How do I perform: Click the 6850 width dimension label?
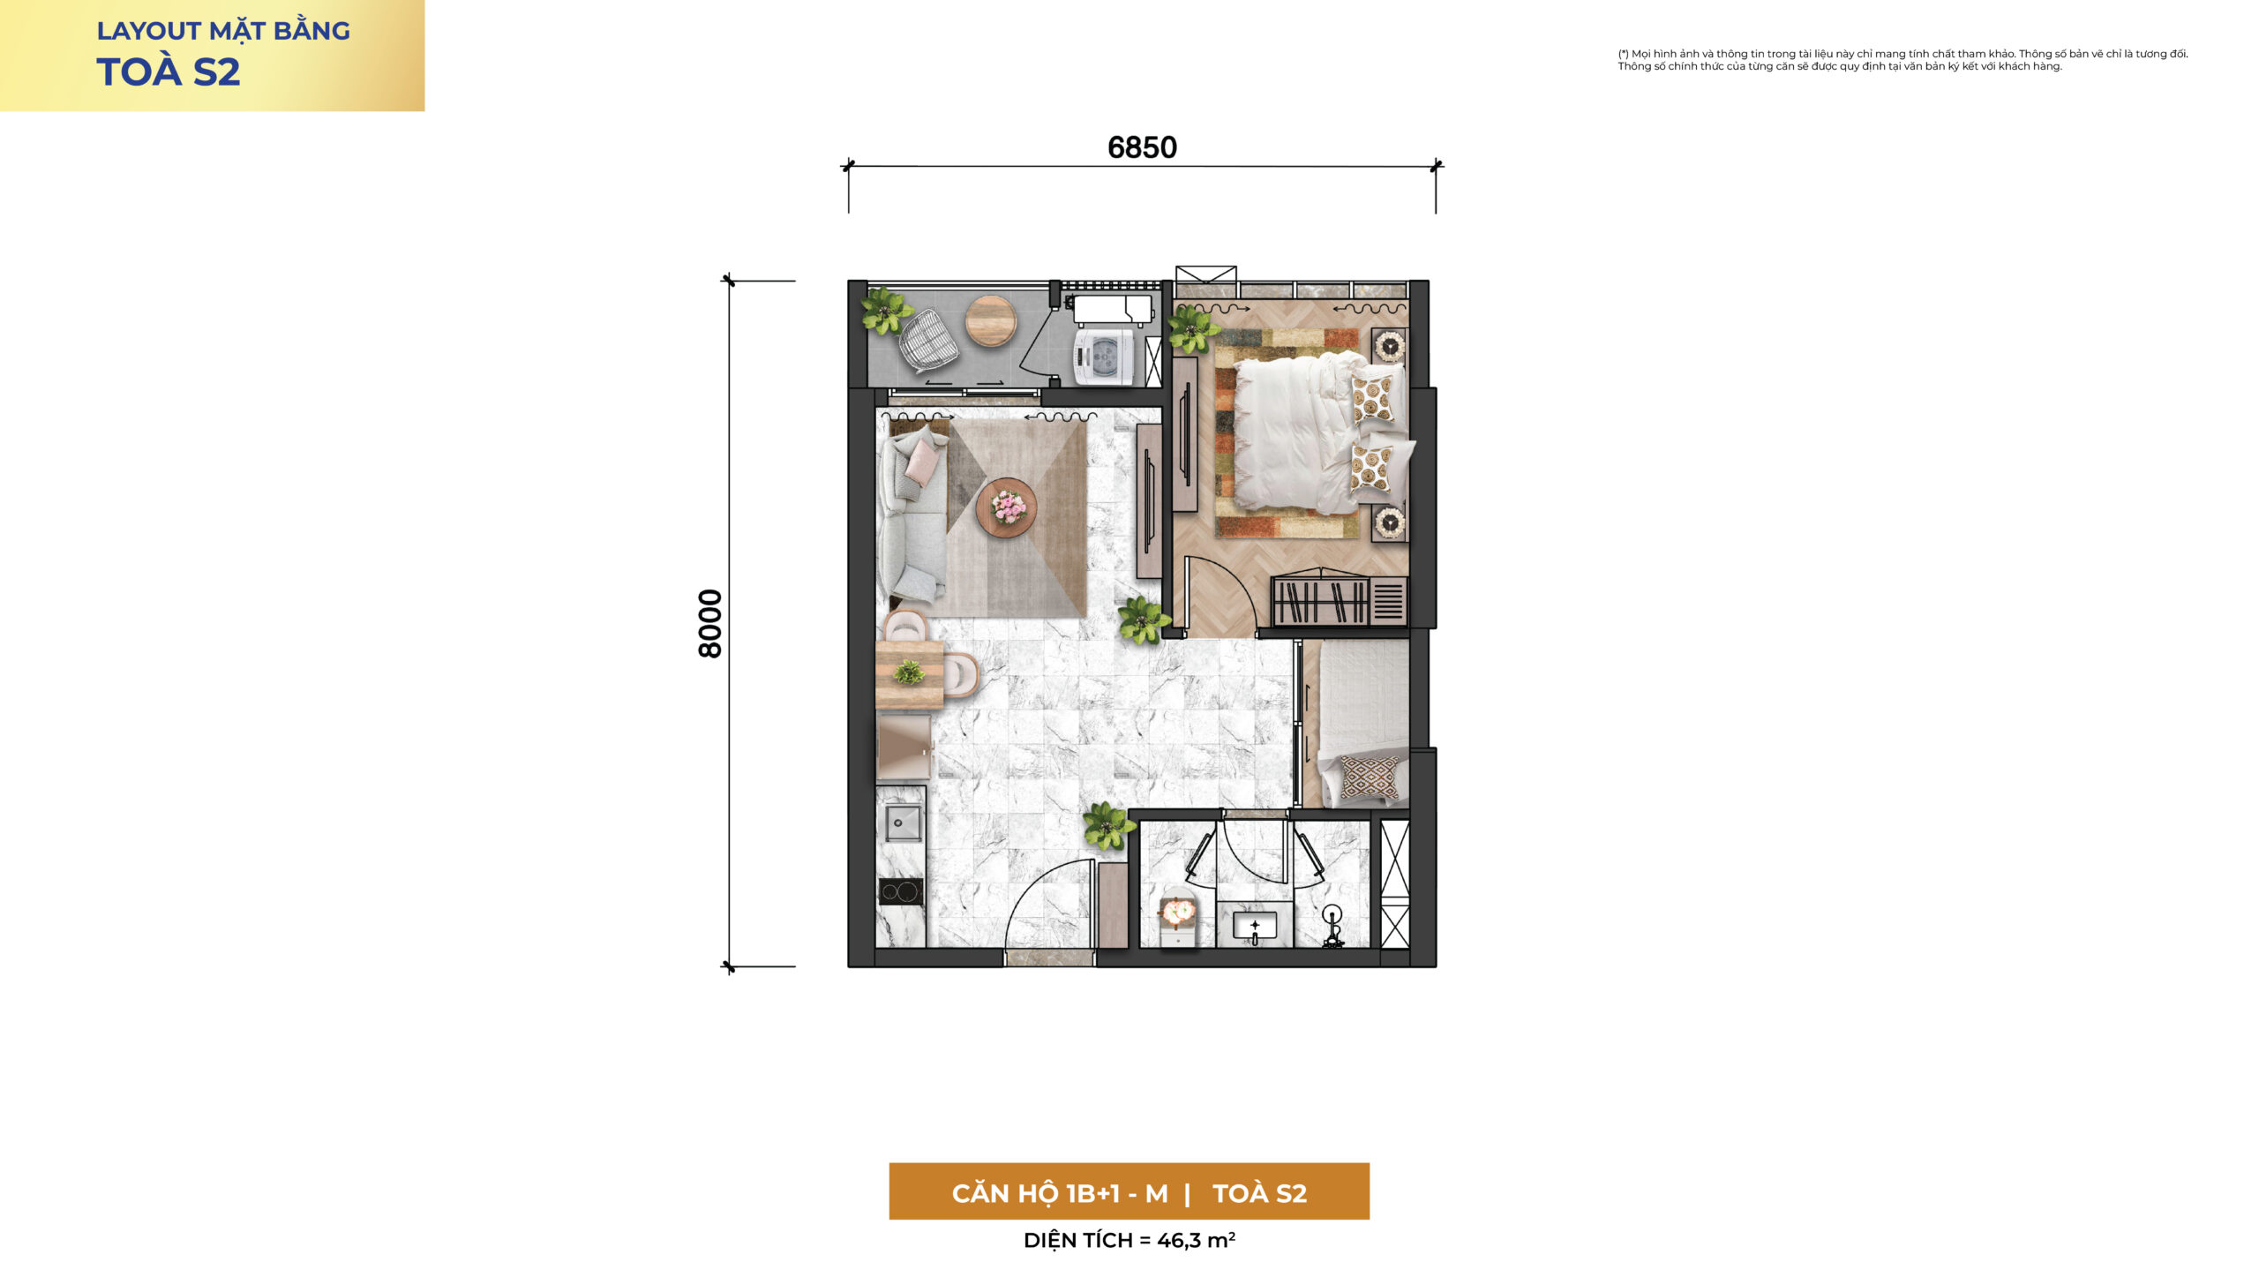pos(1142,147)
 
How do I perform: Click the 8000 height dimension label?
pos(710,624)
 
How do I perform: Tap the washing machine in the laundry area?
pos(1103,357)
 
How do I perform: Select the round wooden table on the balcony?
pos(991,321)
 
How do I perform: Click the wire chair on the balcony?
pos(927,340)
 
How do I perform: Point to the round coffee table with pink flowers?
pos(1007,507)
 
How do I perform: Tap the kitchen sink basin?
pos(902,823)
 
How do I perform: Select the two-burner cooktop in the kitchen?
pos(901,892)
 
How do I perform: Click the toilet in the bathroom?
pos(1177,918)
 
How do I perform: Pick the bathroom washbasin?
pos(1255,928)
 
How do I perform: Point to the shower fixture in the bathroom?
pos(1332,927)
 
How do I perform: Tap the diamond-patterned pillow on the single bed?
pos(1370,777)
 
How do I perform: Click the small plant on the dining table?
pos(909,672)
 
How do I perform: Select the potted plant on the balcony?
pos(886,311)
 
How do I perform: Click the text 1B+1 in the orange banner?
pos(1093,1193)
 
